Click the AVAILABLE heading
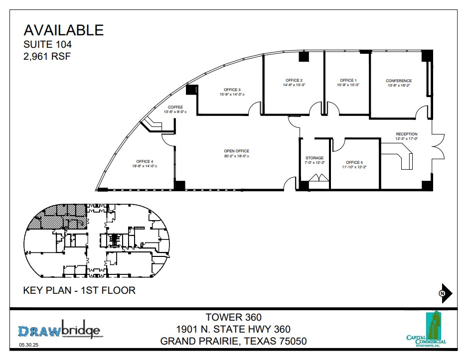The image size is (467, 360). [64, 30]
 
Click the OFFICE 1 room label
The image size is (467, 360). [348, 80]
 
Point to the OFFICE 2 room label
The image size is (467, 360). [294, 80]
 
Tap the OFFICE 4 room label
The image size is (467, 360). [145, 161]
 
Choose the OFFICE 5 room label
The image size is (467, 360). [354, 162]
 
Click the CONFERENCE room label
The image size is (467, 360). [399, 81]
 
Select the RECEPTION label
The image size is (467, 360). [407, 134]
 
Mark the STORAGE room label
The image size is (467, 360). [314, 158]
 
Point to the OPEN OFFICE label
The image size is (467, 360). [236, 151]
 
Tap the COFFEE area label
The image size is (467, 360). [175, 107]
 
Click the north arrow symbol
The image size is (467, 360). [445, 293]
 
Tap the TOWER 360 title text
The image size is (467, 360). [233, 317]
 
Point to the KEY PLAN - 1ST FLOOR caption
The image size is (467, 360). [79, 290]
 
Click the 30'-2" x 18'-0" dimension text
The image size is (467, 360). [236, 156]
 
